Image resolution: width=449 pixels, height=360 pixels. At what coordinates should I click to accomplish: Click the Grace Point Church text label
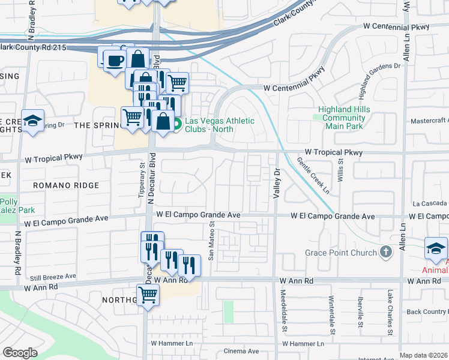point(340,253)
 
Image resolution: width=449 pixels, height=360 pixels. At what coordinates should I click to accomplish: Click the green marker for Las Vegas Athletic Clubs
point(178,125)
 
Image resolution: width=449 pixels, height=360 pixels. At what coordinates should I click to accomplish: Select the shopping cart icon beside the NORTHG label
point(148,295)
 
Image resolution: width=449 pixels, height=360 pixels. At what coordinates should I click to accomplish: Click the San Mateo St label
point(211,241)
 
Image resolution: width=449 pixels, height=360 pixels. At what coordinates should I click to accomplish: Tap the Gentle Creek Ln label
point(313,176)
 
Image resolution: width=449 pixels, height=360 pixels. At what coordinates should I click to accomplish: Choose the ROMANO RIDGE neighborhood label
point(66,185)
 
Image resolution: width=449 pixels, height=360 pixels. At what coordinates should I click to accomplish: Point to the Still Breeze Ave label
point(53,277)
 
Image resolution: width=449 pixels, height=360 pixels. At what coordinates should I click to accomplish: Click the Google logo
point(20,353)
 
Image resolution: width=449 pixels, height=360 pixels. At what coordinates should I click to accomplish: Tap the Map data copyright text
point(423,355)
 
